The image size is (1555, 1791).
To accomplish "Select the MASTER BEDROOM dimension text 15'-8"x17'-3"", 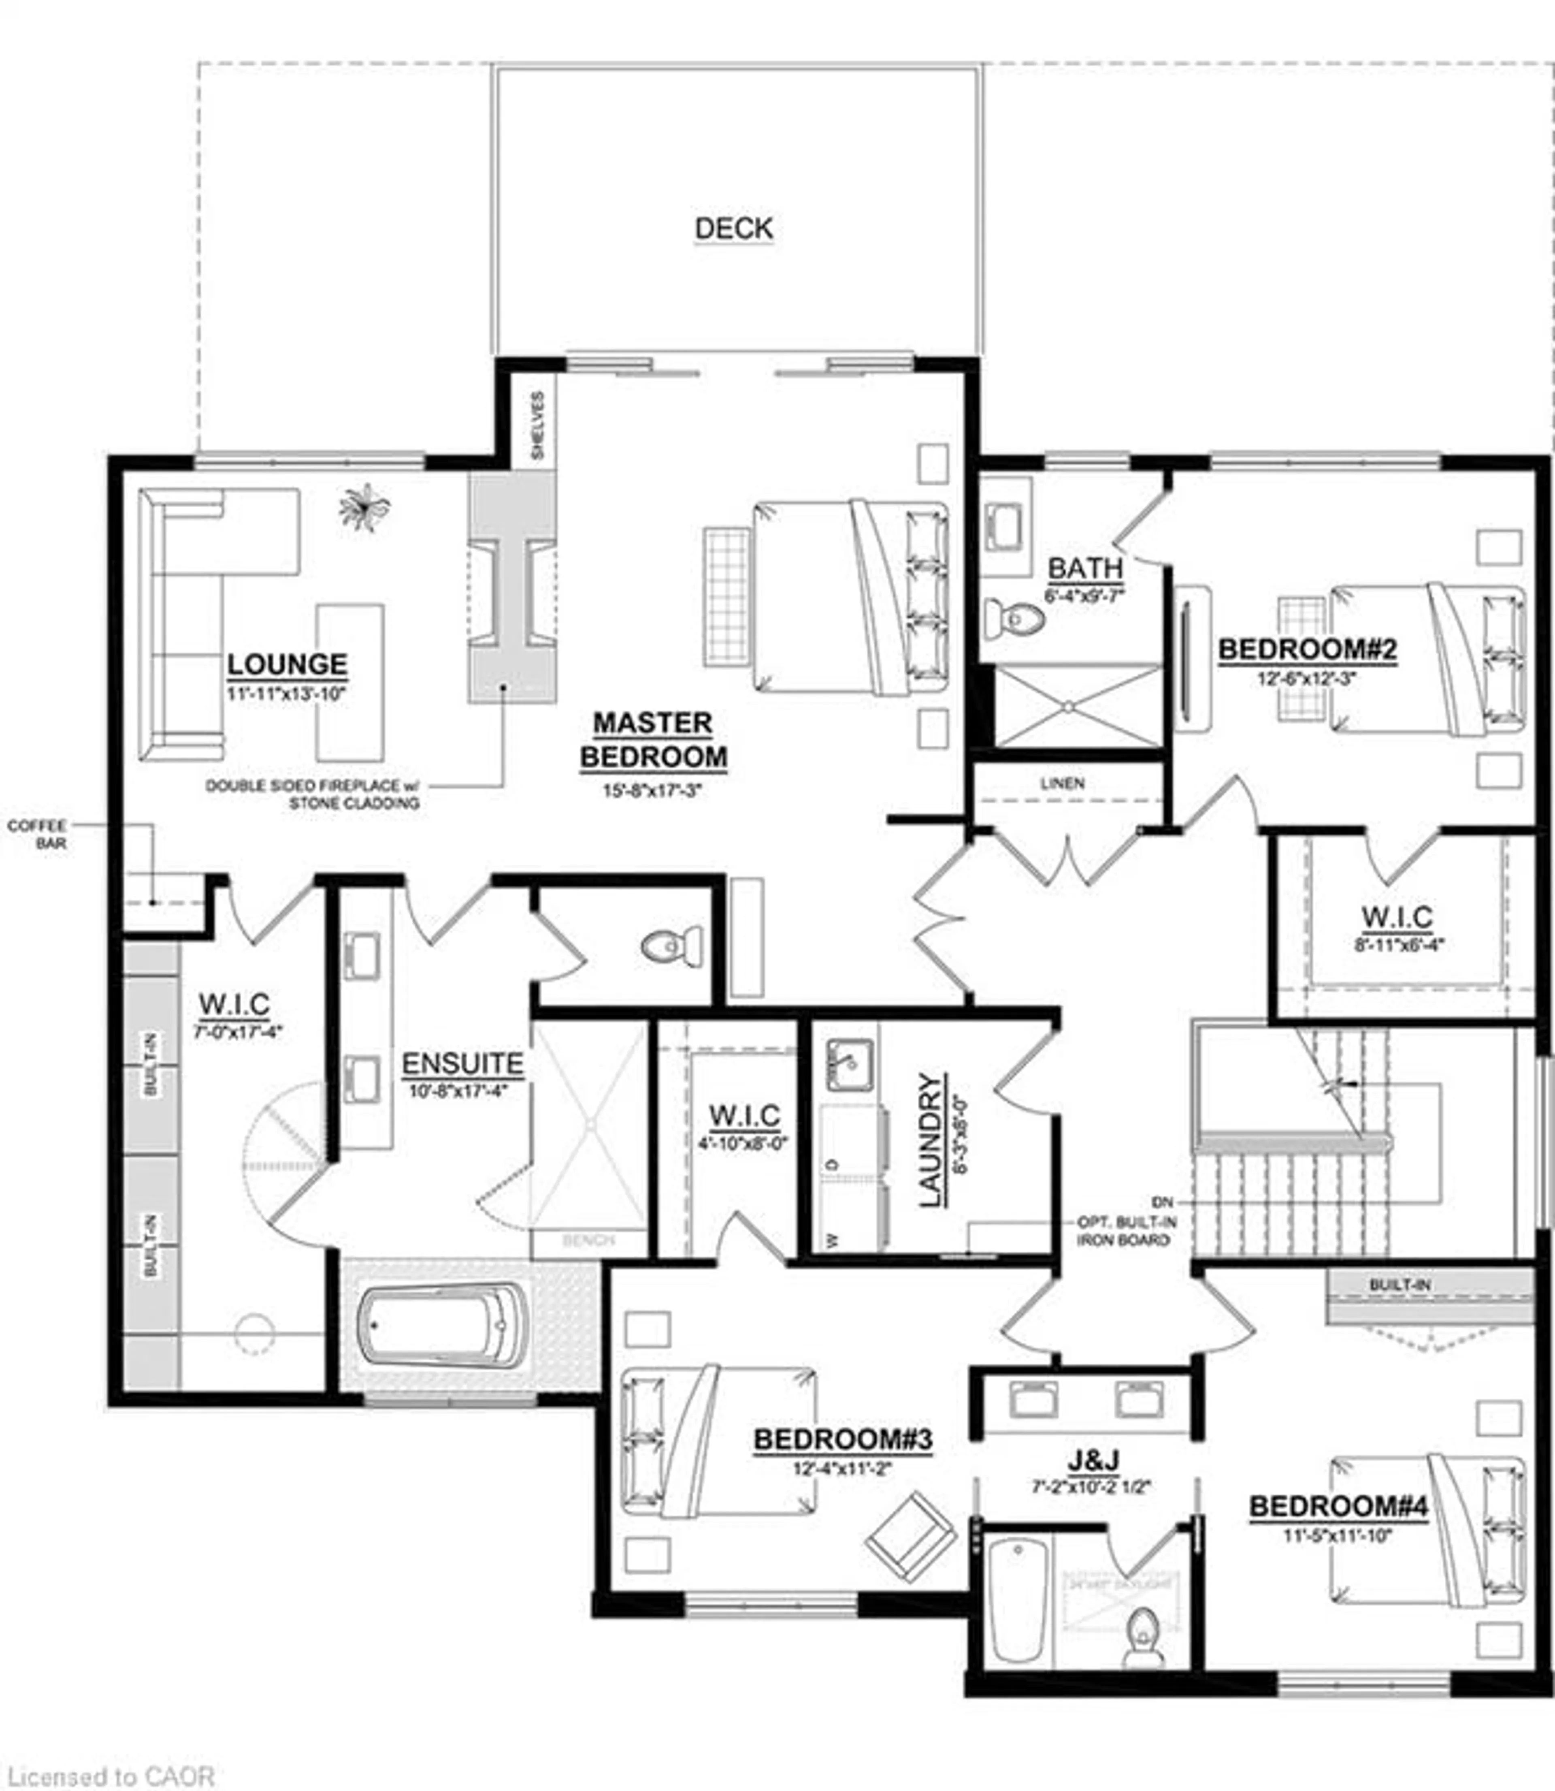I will (652, 791).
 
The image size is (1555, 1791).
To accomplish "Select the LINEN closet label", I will (1062, 783).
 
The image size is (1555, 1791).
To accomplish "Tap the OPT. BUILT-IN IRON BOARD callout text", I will (1124, 1231).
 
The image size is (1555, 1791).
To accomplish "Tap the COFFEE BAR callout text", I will (37, 833).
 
